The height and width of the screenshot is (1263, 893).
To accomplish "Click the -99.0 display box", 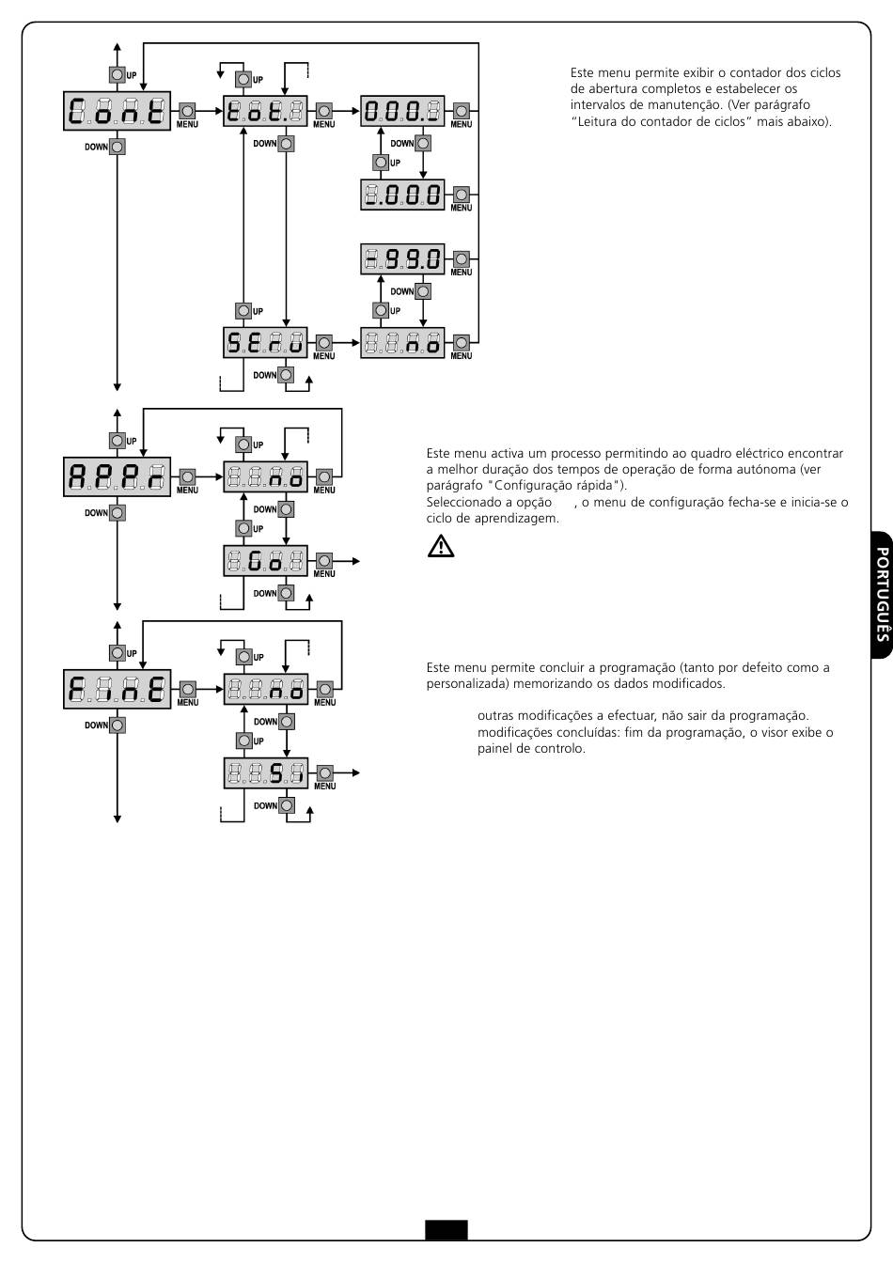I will pos(402,258).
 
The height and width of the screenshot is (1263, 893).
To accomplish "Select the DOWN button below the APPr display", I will pos(117,513).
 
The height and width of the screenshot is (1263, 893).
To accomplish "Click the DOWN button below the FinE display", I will pos(117,725).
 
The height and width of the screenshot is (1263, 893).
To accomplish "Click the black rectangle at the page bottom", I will pos(446,1229).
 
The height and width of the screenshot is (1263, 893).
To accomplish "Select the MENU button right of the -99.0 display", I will pos(461,258).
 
